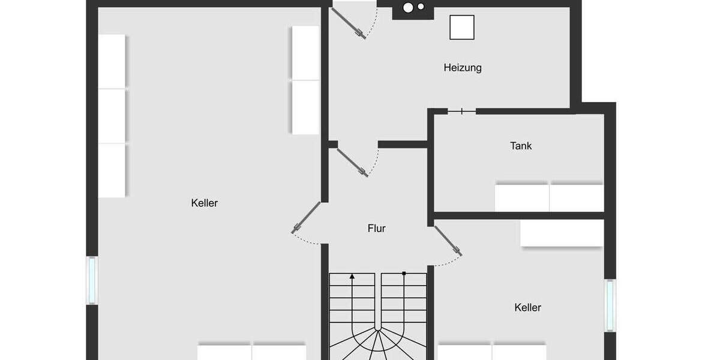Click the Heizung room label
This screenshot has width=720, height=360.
[462, 68]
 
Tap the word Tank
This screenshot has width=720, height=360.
[521, 146]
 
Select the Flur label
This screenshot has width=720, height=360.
[377, 229]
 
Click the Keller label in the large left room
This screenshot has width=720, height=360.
[205, 203]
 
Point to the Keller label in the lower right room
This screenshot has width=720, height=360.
[528, 308]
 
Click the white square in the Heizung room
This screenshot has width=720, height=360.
[461, 27]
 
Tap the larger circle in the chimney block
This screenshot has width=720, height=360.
[409, 8]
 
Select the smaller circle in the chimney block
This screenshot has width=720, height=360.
[421, 7]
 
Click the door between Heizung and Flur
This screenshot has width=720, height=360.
[352, 162]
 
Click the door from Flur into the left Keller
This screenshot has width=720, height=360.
[307, 217]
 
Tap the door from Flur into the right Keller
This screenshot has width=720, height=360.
[448, 241]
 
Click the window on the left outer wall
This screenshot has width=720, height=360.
[92, 280]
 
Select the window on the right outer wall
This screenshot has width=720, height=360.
[610, 305]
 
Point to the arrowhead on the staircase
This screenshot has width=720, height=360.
[352, 277]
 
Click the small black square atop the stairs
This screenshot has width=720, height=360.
[404, 274]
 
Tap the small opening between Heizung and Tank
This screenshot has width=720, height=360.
[461, 111]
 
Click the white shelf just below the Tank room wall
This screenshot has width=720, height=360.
[562, 233]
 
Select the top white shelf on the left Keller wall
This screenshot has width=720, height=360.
[112, 61]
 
